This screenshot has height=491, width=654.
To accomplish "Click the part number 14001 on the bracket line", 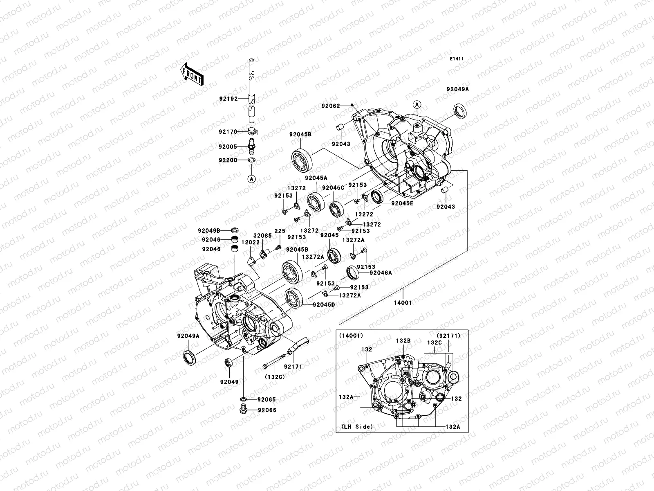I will pyautogui.click(x=403, y=303).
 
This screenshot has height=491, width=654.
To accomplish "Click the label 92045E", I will pyautogui.click(x=402, y=203).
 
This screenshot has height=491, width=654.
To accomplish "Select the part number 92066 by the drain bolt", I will pyautogui.click(x=267, y=410).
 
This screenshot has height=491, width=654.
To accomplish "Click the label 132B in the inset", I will pyautogui.click(x=403, y=340).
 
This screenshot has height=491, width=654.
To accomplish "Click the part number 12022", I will pyautogui.click(x=250, y=243).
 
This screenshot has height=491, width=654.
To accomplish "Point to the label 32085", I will pyautogui.click(x=262, y=236).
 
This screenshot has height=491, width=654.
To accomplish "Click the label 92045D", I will pyautogui.click(x=324, y=304).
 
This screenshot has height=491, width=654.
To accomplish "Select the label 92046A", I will pyautogui.click(x=381, y=273).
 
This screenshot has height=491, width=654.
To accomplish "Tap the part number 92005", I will pyautogui.click(x=227, y=146).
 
